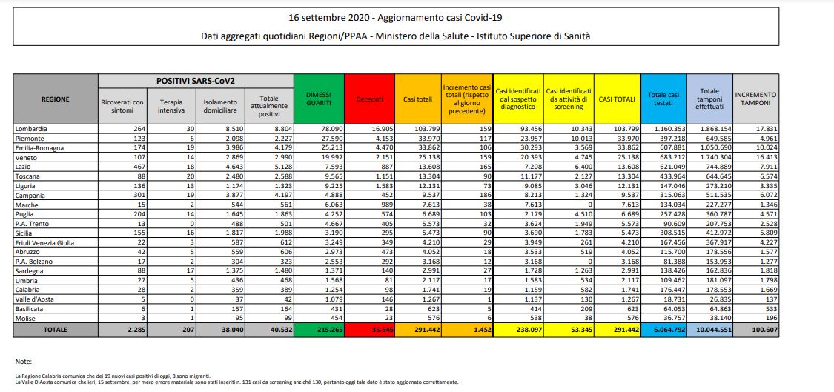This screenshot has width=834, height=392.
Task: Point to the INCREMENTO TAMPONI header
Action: click(755, 100)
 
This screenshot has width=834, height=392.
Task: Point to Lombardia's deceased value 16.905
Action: click(375, 128)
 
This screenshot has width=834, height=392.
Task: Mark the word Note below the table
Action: click(22, 361)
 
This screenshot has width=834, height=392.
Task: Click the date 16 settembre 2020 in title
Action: click(328, 16)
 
